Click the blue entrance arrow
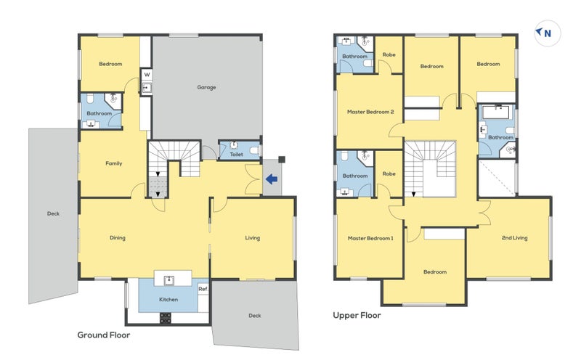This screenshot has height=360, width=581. point(272,179)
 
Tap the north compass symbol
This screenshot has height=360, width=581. point(548,33)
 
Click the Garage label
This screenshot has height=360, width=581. point(206,87)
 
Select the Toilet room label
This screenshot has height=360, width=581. point(237,154)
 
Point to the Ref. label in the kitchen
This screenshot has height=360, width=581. point(203,289)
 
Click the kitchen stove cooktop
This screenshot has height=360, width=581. point(166,318)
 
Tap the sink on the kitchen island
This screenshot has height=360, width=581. point(169,280)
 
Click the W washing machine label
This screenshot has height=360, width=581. point(147,75)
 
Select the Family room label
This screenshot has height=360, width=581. point(114,163)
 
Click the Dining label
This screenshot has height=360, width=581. point(118,238)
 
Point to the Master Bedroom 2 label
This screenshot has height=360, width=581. point(370,112)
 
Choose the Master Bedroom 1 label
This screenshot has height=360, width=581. point(370,238)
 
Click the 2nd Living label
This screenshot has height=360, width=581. point(514,238)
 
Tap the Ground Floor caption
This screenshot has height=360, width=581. point(104,335)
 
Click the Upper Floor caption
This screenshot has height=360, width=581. point(357,315)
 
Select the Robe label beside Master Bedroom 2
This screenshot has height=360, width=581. point(389,54)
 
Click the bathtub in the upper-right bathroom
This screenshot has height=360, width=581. point(497,112)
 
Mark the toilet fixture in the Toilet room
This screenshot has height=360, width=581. point(254,150)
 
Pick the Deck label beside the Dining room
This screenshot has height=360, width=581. point(53,213)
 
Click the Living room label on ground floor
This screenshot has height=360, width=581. point(252,238)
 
